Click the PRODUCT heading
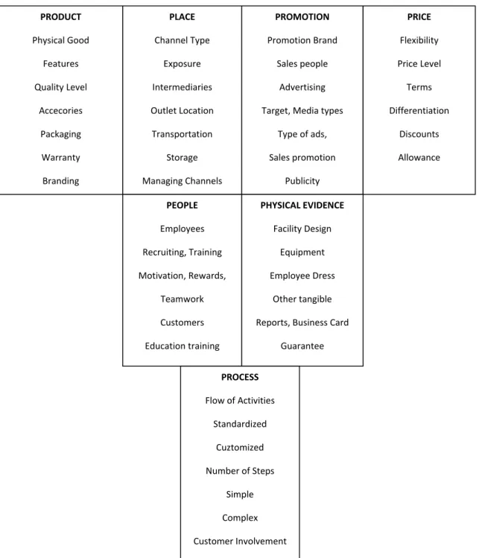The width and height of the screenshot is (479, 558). pyautogui.click(x=60, y=16)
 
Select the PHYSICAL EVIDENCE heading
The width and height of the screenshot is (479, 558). pyautogui.click(x=302, y=206)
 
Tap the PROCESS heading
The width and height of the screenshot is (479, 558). pyautogui.click(x=240, y=377)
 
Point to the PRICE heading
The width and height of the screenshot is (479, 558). pyautogui.click(x=419, y=16)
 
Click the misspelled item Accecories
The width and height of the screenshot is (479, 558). pyautogui.click(x=60, y=111)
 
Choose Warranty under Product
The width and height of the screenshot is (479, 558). pyautogui.click(x=60, y=158)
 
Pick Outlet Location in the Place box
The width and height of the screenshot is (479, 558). pyautogui.click(x=182, y=111)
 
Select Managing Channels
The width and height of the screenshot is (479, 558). pyautogui.click(x=182, y=181)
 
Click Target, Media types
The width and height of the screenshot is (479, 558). pyautogui.click(x=302, y=111)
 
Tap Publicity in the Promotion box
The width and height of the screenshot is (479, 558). pyautogui.click(x=302, y=181)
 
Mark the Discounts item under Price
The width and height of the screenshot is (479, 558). pyautogui.click(x=419, y=134)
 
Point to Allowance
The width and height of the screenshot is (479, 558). pyautogui.click(x=419, y=158)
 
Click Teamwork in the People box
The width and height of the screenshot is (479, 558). pyautogui.click(x=182, y=299)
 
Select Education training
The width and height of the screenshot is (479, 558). pyautogui.click(x=182, y=346)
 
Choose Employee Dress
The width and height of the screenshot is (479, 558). pyautogui.click(x=302, y=276)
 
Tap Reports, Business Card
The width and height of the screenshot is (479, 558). pyautogui.click(x=302, y=323)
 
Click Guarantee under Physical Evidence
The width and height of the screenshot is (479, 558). pyautogui.click(x=302, y=346)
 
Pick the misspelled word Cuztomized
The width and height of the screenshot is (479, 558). pyautogui.click(x=240, y=447)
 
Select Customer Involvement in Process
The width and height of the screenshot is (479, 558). pyautogui.click(x=240, y=542)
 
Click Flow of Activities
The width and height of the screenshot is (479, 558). pyautogui.click(x=240, y=401)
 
